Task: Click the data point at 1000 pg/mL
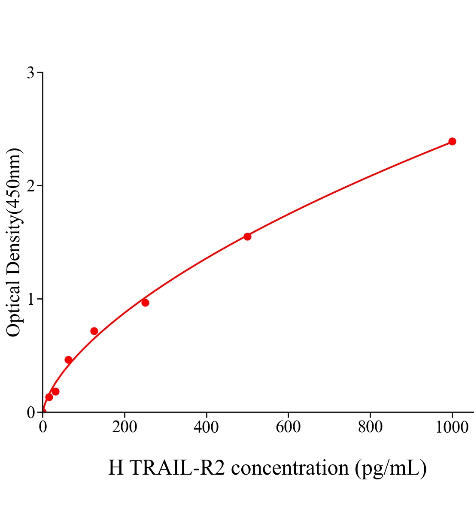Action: (x=452, y=141)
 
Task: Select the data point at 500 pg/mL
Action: (x=247, y=236)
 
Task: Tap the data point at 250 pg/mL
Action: (x=145, y=303)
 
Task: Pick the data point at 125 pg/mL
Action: (x=94, y=331)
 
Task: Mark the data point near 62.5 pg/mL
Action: (x=68, y=360)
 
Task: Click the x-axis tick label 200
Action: (x=125, y=427)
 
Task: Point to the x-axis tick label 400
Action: (x=207, y=427)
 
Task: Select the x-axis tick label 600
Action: (x=288, y=427)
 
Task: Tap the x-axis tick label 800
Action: (x=370, y=427)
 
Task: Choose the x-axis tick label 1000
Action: (x=452, y=427)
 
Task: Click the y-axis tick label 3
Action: (x=30, y=73)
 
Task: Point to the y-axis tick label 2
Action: (x=30, y=186)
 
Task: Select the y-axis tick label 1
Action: (x=30, y=299)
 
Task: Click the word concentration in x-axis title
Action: (x=290, y=468)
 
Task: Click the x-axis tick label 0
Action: (x=43, y=427)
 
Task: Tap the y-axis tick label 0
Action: (x=30, y=412)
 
